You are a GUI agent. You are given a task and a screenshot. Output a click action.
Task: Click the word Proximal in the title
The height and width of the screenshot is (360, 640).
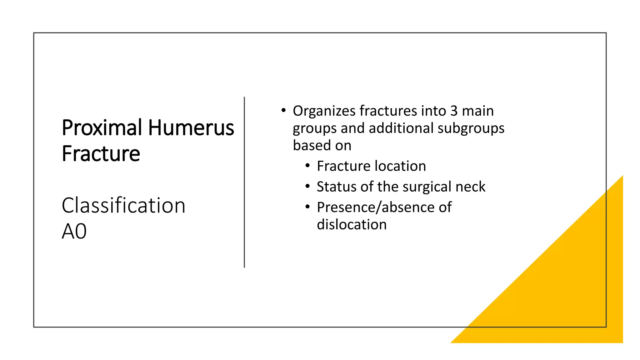[102, 128]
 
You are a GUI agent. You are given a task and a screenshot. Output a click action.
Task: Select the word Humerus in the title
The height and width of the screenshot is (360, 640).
[191, 128]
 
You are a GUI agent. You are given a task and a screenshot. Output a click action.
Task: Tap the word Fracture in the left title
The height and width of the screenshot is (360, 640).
[101, 154]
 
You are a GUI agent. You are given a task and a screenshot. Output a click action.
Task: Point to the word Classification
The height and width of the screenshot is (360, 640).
[123, 206]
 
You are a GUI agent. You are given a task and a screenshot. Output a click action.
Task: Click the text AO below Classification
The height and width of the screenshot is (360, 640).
[74, 232]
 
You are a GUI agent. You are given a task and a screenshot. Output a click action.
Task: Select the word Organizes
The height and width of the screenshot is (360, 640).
[324, 111]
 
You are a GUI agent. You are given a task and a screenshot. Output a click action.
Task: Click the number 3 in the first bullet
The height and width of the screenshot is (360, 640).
[454, 111]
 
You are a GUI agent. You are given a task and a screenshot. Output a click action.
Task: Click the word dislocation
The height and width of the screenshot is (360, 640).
[352, 225]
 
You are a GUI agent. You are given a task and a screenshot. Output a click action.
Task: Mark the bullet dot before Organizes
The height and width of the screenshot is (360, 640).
[283, 111]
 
